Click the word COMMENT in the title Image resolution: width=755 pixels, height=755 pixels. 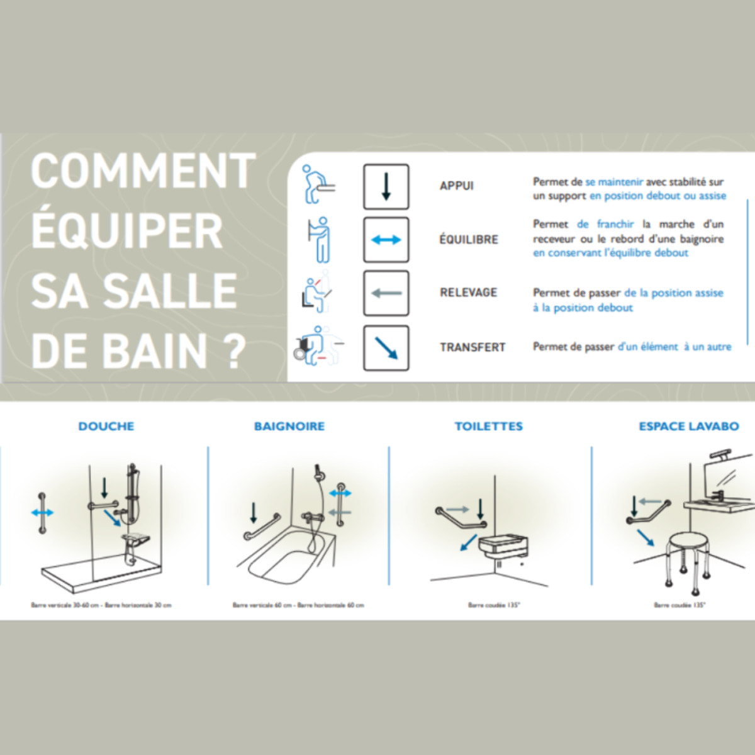(x=143, y=171)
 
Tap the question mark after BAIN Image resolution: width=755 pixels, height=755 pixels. (x=235, y=351)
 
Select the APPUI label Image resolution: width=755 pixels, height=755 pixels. (x=456, y=186)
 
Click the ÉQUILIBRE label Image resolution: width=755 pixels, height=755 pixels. (x=469, y=240)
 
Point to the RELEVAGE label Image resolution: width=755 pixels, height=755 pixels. (x=468, y=293)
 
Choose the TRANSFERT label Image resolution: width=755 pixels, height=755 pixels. (x=473, y=347)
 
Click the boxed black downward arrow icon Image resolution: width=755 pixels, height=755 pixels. (x=386, y=187)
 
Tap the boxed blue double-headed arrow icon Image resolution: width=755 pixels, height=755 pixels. (x=386, y=240)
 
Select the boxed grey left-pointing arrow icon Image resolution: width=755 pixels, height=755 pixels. (x=386, y=293)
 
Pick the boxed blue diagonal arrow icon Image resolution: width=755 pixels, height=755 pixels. (x=386, y=348)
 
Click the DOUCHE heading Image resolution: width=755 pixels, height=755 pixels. (x=106, y=427)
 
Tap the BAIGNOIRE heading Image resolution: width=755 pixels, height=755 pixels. (x=289, y=427)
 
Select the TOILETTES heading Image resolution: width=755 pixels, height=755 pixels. (x=489, y=427)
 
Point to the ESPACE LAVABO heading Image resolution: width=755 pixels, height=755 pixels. (x=689, y=427)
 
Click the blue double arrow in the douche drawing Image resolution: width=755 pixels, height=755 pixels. (x=42, y=513)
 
